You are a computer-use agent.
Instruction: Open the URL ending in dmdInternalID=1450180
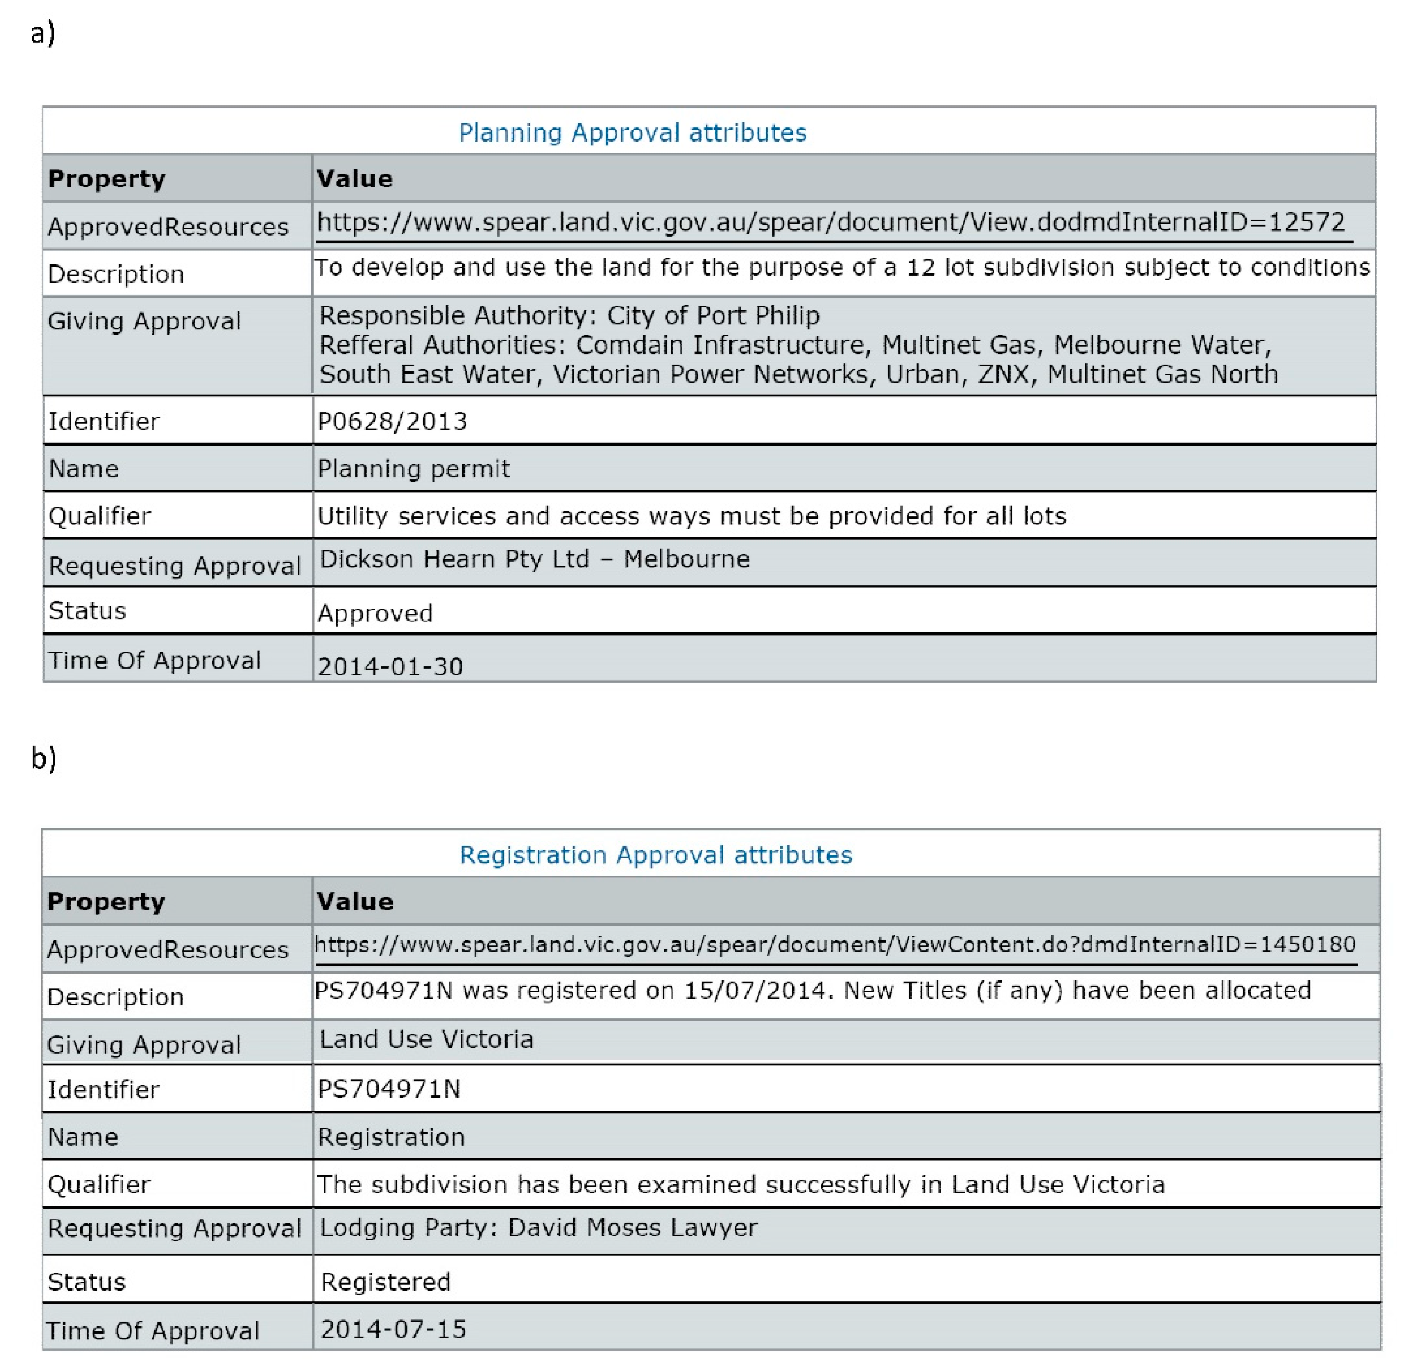pyautogui.click(x=834, y=945)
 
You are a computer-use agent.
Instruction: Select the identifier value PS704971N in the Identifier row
pyautogui.click(x=389, y=1089)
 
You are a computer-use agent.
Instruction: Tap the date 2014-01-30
pyautogui.click(x=390, y=666)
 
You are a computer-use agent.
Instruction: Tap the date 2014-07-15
pyautogui.click(x=393, y=1329)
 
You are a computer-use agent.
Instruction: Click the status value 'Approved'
pyautogui.click(x=375, y=613)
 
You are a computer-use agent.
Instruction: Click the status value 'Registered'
pyautogui.click(x=385, y=1282)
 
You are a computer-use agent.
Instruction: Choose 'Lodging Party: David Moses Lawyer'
pyautogui.click(x=538, y=1228)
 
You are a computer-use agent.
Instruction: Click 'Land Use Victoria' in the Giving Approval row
pyautogui.click(x=426, y=1039)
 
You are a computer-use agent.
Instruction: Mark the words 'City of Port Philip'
pyautogui.click(x=713, y=316)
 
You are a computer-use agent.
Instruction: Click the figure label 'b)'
pyautogui.click(x=43, y=758)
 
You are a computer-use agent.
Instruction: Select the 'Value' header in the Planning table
pyautogui.click(x=355, y=179)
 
